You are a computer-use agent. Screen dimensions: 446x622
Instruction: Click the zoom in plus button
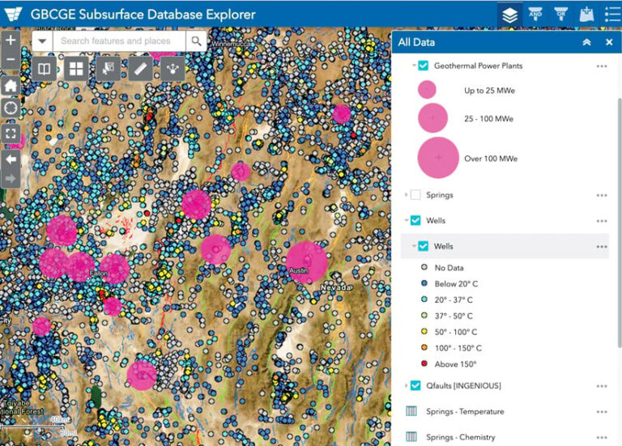click(11, 40)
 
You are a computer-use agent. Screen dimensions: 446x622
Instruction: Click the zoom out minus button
click(11, 60)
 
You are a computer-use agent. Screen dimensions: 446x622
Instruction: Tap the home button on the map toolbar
click(11, 86)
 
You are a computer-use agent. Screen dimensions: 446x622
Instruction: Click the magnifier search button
click(197, 40)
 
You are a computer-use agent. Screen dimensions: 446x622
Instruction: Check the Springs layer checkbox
click(415, 195)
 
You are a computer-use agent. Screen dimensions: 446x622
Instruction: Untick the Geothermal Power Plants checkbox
click(423, 66)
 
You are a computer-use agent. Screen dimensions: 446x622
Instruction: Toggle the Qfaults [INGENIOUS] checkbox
click(415, 385)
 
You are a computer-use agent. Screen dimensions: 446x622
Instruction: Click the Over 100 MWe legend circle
click(438, 158)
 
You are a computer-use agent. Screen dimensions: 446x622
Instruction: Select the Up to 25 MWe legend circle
click(427, 89)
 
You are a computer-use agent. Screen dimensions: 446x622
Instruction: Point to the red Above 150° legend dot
click(423, 364)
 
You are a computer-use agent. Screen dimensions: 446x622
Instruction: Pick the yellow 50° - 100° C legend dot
click(423, 332)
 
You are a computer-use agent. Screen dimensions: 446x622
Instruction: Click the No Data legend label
click(449, 267)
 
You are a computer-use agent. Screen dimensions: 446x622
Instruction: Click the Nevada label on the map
click(337, 287)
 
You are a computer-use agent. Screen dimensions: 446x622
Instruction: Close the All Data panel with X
click(609, 42)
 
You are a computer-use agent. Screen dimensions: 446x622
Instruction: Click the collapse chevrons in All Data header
click(586, 42)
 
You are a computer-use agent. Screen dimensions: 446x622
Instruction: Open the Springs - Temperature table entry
click(465, 411)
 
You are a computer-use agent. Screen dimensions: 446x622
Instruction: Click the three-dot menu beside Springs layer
click(602, 195)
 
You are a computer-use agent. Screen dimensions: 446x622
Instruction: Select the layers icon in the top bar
click(509, 15)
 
